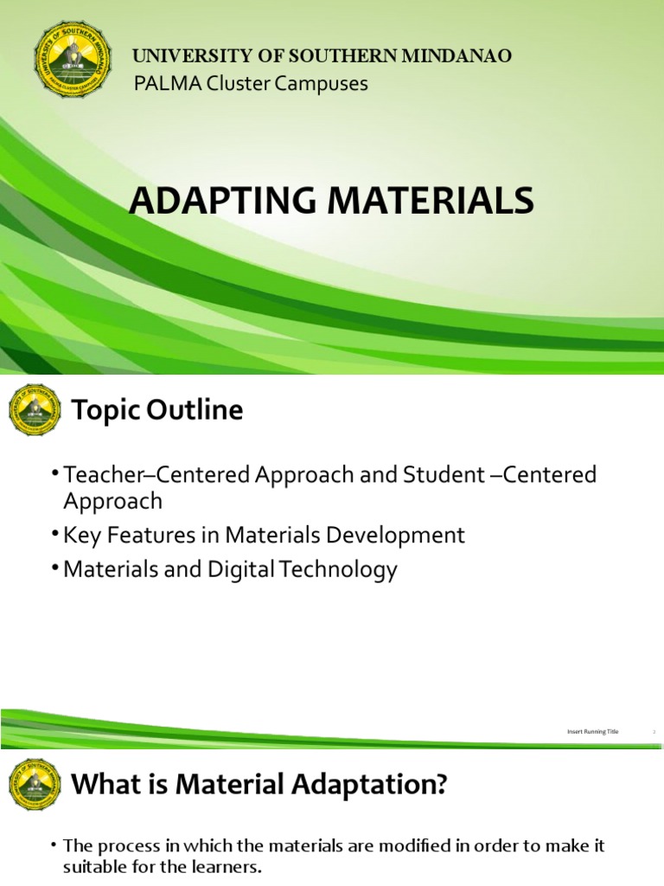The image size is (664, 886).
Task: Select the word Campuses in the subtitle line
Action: point(325,84)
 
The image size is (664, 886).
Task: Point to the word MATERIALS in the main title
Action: point(433,201)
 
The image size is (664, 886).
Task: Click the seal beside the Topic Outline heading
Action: point(34,409)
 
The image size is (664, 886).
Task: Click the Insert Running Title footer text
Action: point(593,732)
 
